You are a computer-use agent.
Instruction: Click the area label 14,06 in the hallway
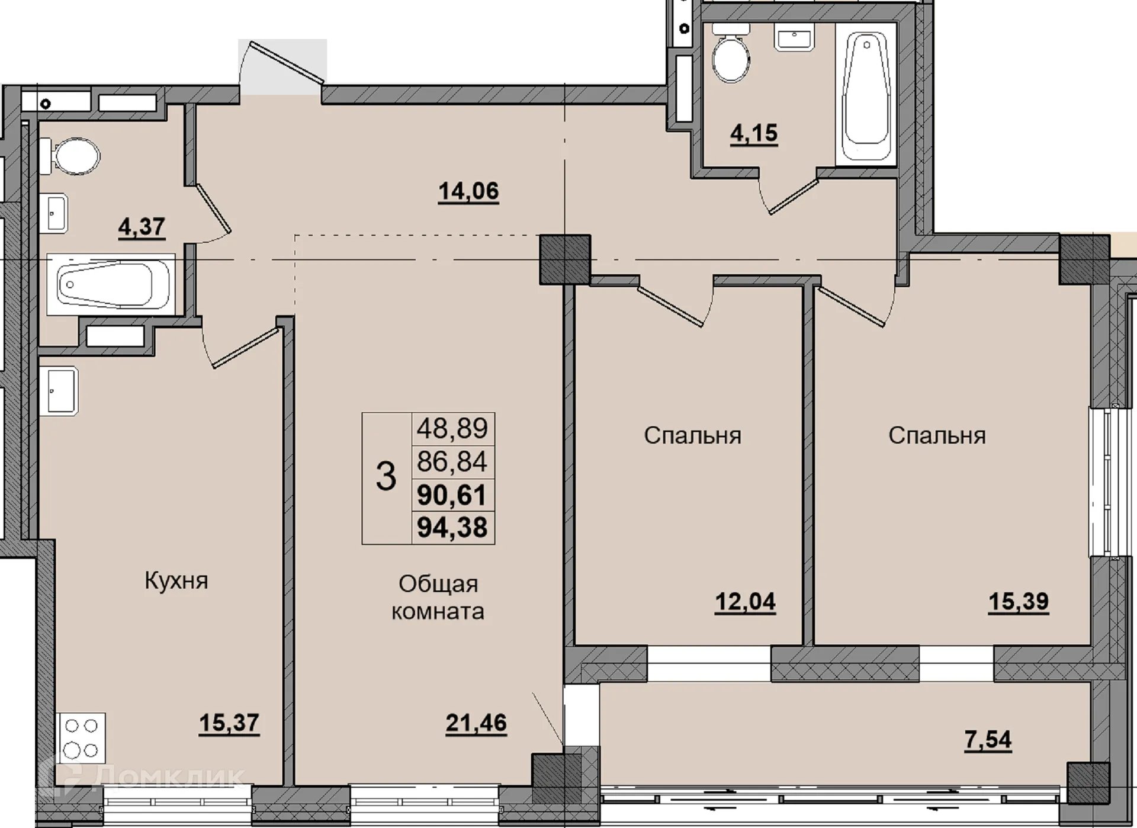tap(468, 191)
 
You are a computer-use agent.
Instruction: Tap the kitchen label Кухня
tap(176, 581)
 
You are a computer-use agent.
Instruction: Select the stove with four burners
tap(81, 739)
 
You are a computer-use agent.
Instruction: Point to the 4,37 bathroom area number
tap(142, 227)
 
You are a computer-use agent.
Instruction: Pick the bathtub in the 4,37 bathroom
tap(111, 284)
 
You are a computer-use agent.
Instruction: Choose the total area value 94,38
tap(452, 527)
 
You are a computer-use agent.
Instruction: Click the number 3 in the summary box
tap(386, 477)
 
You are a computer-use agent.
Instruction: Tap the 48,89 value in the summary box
tap(452, 428)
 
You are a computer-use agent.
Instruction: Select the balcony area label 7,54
tap(988, 740)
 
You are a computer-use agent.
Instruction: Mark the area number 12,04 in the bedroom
tap(745, 602)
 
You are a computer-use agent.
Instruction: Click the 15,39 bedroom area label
tap(1019, 602)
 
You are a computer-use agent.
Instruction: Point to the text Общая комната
tap(438, 597)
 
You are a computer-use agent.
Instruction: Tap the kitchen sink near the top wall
tap(59, 390)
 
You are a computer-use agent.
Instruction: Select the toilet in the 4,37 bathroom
tap(70, 157)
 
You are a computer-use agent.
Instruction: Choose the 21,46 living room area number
tap(476, 723)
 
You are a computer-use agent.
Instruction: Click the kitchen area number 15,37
tap(229, 723)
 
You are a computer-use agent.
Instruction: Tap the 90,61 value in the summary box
tap(452, 495)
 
